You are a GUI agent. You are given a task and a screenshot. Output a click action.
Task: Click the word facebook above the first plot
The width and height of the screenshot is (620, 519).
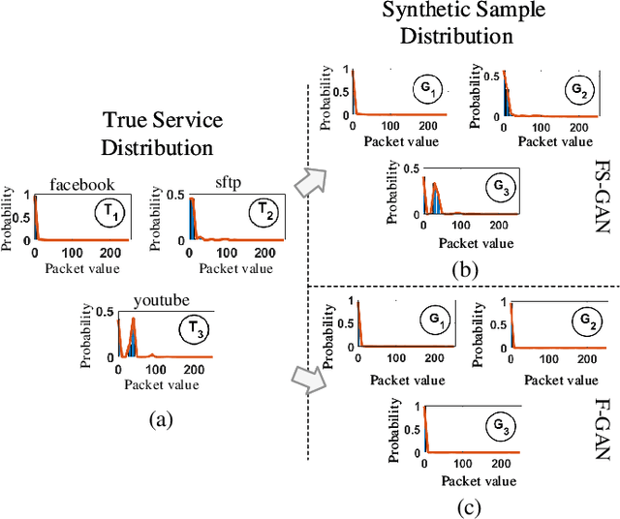coord(82,184)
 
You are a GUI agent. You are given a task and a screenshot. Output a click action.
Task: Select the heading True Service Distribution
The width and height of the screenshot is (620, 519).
coord(163,134)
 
